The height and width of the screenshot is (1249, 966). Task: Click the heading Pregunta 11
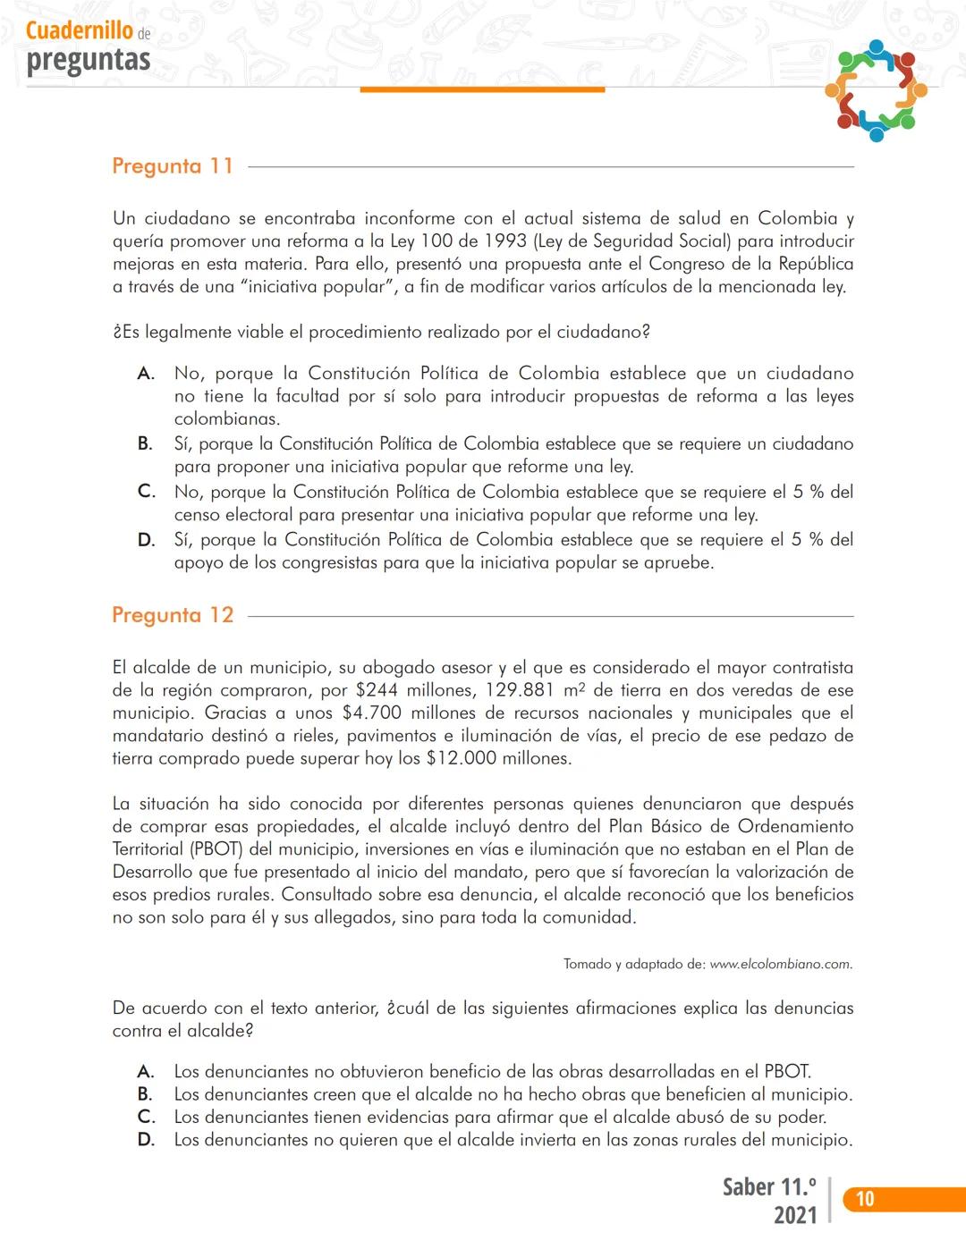pyautogui.click(x=173, y=166)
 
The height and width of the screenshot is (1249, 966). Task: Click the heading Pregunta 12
pyautogui.click(x=173, y=615)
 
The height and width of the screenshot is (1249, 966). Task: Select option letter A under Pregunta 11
pyautogui.click(x=146, y=374)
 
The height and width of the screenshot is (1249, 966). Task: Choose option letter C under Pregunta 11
pyautogui.click(x=147, y=492)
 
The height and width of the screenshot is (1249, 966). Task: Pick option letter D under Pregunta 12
pyautogui.click(x=146, y=1140)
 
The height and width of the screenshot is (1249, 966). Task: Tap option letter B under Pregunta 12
pyautogui.click(x=145, y=1094)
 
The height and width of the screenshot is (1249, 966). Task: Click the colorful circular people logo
pyautogui.click(x=876, y=89)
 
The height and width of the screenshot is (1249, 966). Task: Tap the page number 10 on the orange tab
pyautogui.click(x=865, y=1199)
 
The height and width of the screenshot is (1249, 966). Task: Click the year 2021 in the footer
pyautogui.click(x=795, y=1215)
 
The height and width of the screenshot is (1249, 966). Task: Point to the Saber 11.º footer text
pyautogui.click(x=769, y=1187)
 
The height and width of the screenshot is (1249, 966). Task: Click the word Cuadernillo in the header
pyautogui.click(x=80, y=30)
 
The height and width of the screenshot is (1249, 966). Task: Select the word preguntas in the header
pyautogui.click(x=89, y=60)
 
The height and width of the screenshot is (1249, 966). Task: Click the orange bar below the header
pyautogui.click(x=482, y=89)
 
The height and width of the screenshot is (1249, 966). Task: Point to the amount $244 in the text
pyautogui.click(x=377, y=690)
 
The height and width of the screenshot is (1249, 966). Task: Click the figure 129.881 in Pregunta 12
pyautogui.click(x=520, y=690)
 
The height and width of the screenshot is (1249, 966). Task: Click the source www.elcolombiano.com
pyautogui.click(x=781, y=964)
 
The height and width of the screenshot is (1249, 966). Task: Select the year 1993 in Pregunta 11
pyautogui.click(x=505, y=241)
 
